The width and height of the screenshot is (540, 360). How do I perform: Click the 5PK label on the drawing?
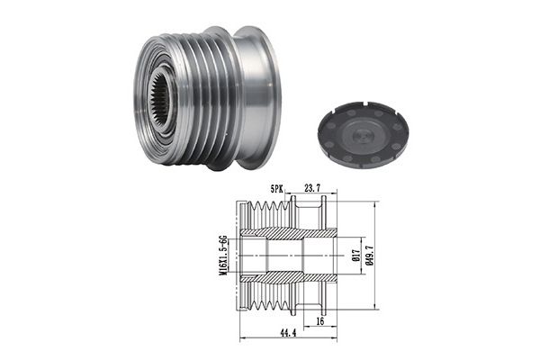point(276,188)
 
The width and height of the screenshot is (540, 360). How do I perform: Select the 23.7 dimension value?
point(312,188)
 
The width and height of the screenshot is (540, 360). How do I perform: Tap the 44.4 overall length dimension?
point(288,333)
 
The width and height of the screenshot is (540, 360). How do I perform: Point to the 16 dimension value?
point(320,321)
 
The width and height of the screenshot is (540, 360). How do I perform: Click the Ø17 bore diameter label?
point(356,255)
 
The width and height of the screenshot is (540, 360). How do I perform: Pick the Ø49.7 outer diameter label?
point(371,255)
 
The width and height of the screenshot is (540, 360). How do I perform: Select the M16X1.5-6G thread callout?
point(223,256)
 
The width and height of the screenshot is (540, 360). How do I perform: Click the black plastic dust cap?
point(363,135)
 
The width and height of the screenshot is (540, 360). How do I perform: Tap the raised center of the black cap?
point(361,135)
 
